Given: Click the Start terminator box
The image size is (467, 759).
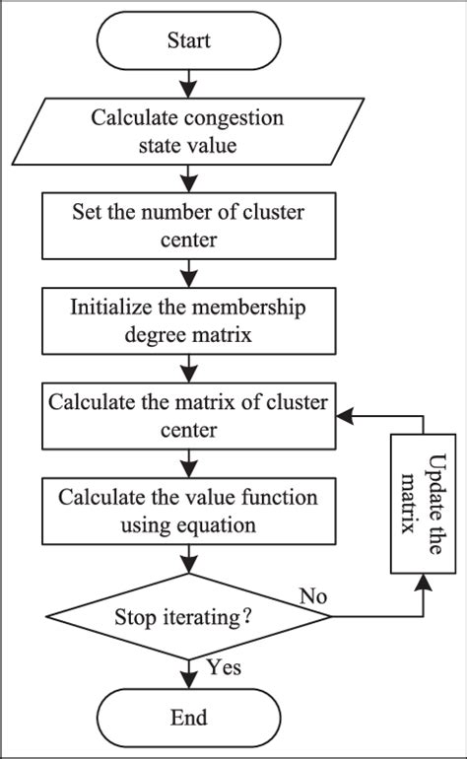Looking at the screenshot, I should [187, 41].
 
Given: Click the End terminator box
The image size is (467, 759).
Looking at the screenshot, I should [187, 717].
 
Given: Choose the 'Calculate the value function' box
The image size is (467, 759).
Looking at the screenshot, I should [187, 512].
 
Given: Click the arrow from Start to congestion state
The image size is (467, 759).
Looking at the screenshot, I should [187, 83].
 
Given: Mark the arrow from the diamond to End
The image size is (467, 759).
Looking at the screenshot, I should [187, 670].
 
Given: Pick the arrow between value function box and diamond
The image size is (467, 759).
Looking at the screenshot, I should [187, 560].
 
